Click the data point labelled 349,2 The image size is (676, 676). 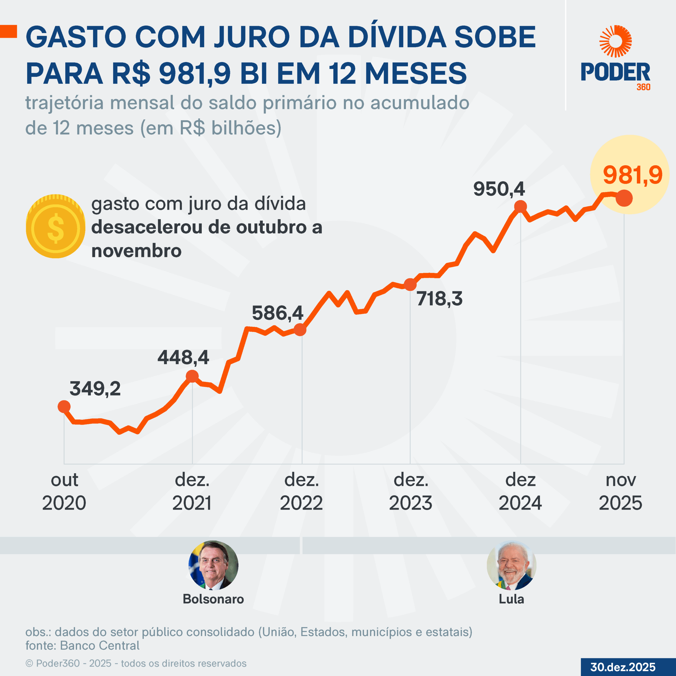64,407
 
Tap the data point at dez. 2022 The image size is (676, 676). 300,330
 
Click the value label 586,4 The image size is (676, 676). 278,313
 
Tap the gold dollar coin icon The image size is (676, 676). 56,226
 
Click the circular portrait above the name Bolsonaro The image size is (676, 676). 213,565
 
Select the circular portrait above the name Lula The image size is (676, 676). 511,565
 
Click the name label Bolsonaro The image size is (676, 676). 213,599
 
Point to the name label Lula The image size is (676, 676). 511,599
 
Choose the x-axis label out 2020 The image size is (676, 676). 64,492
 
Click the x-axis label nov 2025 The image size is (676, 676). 620,492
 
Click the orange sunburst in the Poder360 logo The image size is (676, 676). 616,41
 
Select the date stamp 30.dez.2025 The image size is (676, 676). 623,667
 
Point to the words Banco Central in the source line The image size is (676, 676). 100,646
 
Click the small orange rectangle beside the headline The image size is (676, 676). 8,31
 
